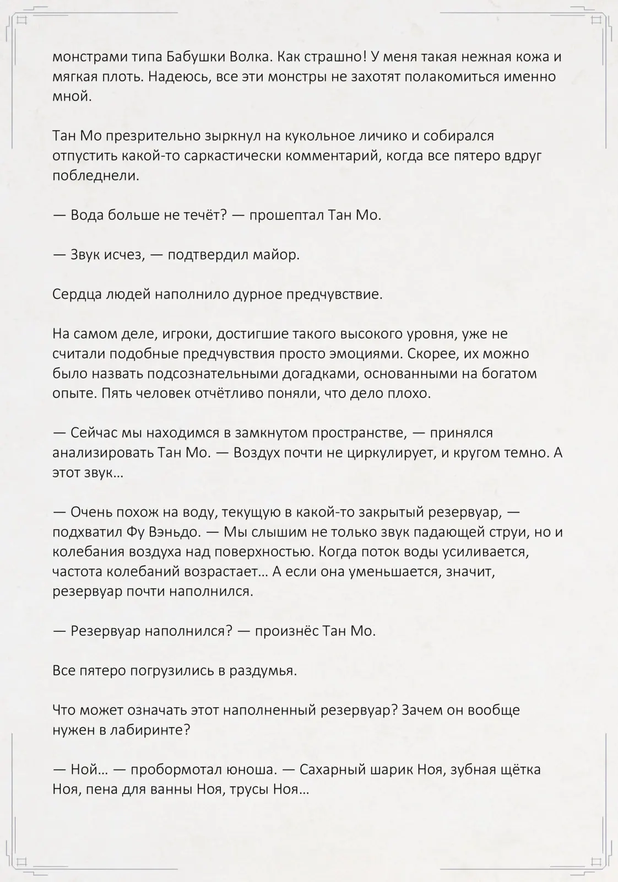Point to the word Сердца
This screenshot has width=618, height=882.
[x=75, y=294]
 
